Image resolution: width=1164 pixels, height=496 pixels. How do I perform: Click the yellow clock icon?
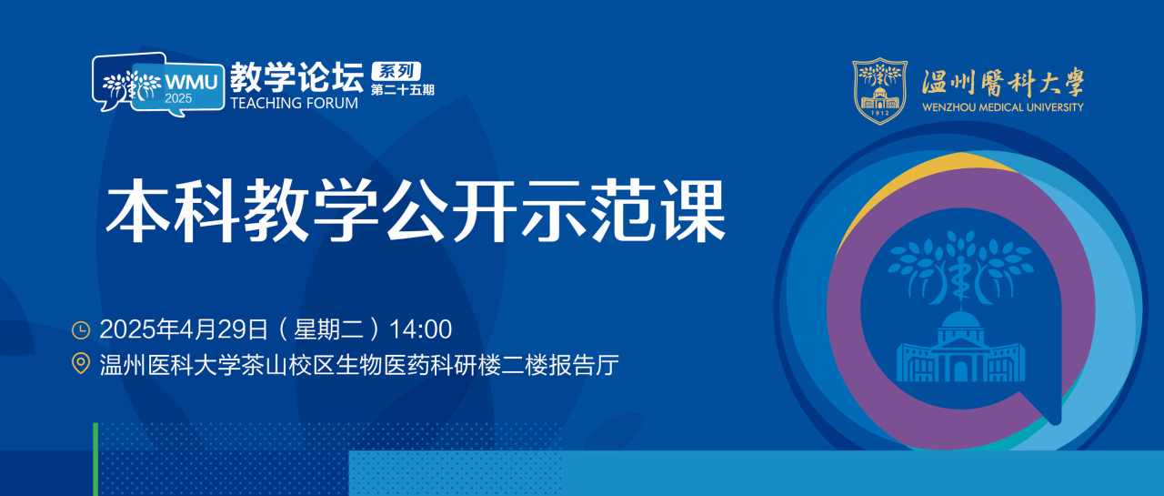click(x=81, y=330)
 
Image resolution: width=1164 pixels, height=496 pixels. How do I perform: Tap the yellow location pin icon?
click(x=81, y=363)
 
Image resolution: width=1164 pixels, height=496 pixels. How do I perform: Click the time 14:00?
click(x=420, y=329)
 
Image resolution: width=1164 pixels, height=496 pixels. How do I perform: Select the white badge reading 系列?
click(x=396, y=71)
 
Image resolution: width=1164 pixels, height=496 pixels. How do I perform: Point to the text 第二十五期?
click(x=403, y=90)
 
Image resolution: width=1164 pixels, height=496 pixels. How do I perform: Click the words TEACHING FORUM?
click(x=294, y=103)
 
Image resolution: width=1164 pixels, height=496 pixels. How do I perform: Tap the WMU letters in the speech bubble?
click(x=191, y=82)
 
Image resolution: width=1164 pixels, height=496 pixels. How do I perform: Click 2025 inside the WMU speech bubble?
click(x=178, y=98)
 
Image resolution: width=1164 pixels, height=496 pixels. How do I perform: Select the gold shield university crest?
click(x=879, y=91)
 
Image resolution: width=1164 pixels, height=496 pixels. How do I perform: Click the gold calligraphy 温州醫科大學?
click(x=1003, y=83)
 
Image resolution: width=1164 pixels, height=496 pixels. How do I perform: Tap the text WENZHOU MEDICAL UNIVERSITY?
click(x=1003, y=107)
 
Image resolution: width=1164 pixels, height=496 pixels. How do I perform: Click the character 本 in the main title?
click(x=137, y=210)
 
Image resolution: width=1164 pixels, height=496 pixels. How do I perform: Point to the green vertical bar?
click(x=95, y=459)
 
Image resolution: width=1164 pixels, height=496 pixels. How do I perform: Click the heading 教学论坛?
click(x=296, y=77)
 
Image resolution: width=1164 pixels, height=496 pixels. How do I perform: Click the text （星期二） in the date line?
click(x=328, y=329)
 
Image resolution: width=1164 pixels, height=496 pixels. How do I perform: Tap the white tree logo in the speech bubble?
click(x=132, y=85)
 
